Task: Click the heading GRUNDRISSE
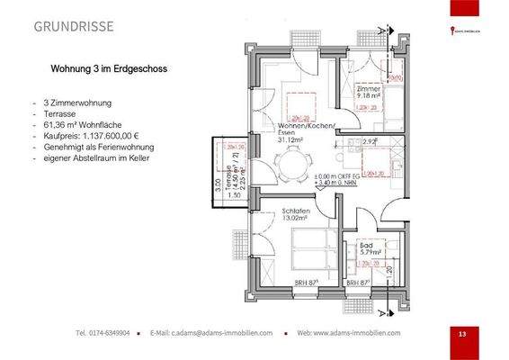pos(74,26)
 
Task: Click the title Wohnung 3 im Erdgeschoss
pos(110,68)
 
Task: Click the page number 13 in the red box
pos(461,334)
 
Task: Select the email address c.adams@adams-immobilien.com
pos(224,333)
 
